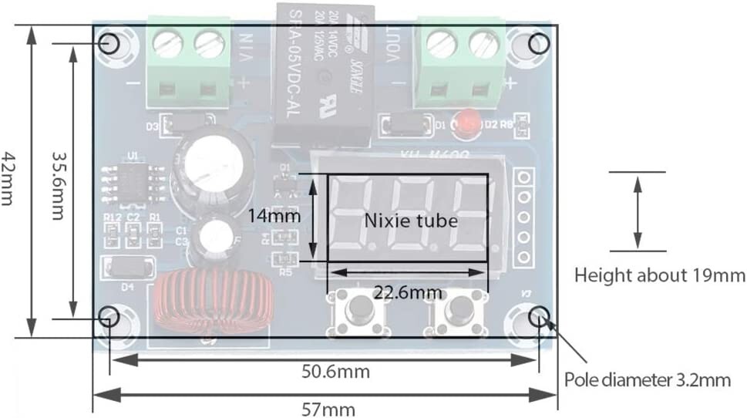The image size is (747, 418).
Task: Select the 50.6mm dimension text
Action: pos(335,372)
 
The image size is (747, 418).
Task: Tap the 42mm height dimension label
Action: pos(8,177)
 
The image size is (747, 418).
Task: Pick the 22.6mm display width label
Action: pos(408,292)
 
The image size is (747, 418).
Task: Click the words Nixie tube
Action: pos(410,221)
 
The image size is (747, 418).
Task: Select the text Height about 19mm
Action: pos(660,275)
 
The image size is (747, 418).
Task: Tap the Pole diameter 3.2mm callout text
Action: pos(647,379)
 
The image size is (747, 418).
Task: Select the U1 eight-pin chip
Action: pos(134,183)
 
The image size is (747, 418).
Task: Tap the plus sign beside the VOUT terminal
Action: pos(509,83)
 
